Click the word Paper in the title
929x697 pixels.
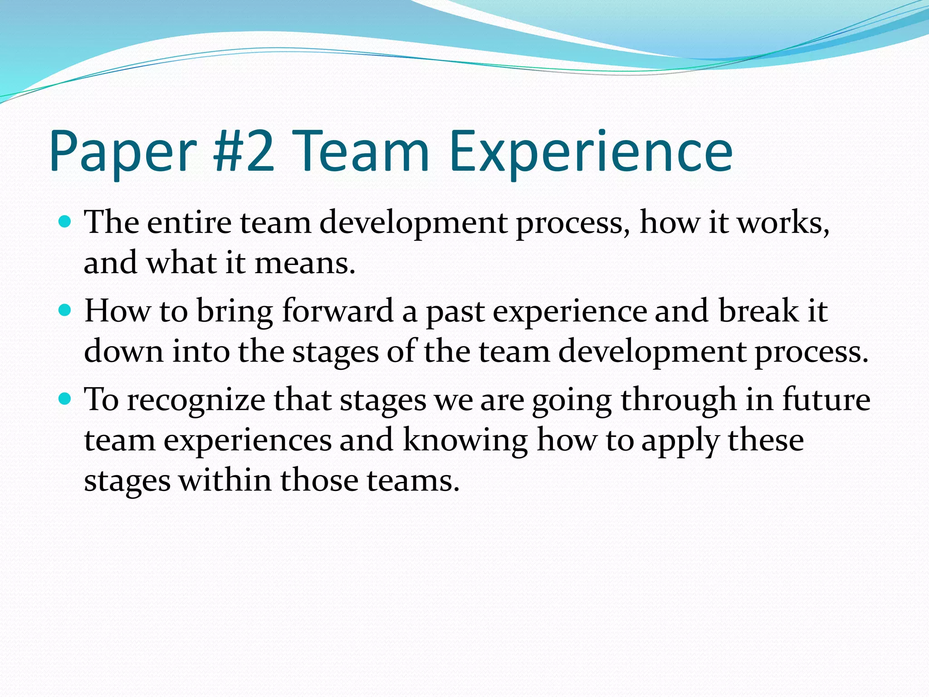[x=123, y=152]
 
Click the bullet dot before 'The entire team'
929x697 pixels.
[x=65, y=222]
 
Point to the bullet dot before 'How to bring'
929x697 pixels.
[x=65, y=310]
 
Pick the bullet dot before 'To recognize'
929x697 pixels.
[x=65, y=399]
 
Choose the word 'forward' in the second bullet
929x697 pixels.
[x=337, y=311]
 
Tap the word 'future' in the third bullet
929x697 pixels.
[x=826, y=400]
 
